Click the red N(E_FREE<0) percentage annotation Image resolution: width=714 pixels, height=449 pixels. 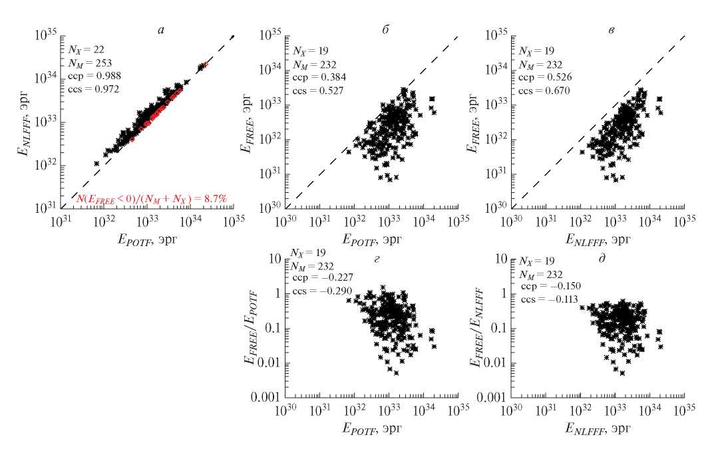click(x=152, y=200)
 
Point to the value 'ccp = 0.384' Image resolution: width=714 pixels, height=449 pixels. click(x=318, y=78)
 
